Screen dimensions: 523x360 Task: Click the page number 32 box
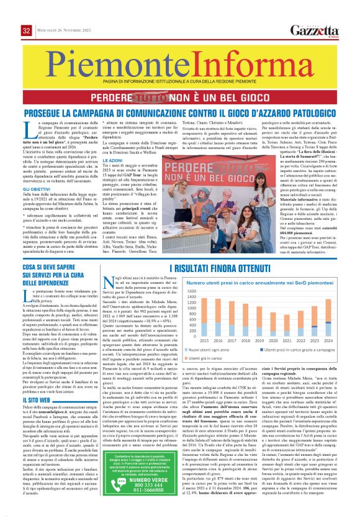(x=26, y=30)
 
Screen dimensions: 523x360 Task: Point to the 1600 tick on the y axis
(x=190, y=291)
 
